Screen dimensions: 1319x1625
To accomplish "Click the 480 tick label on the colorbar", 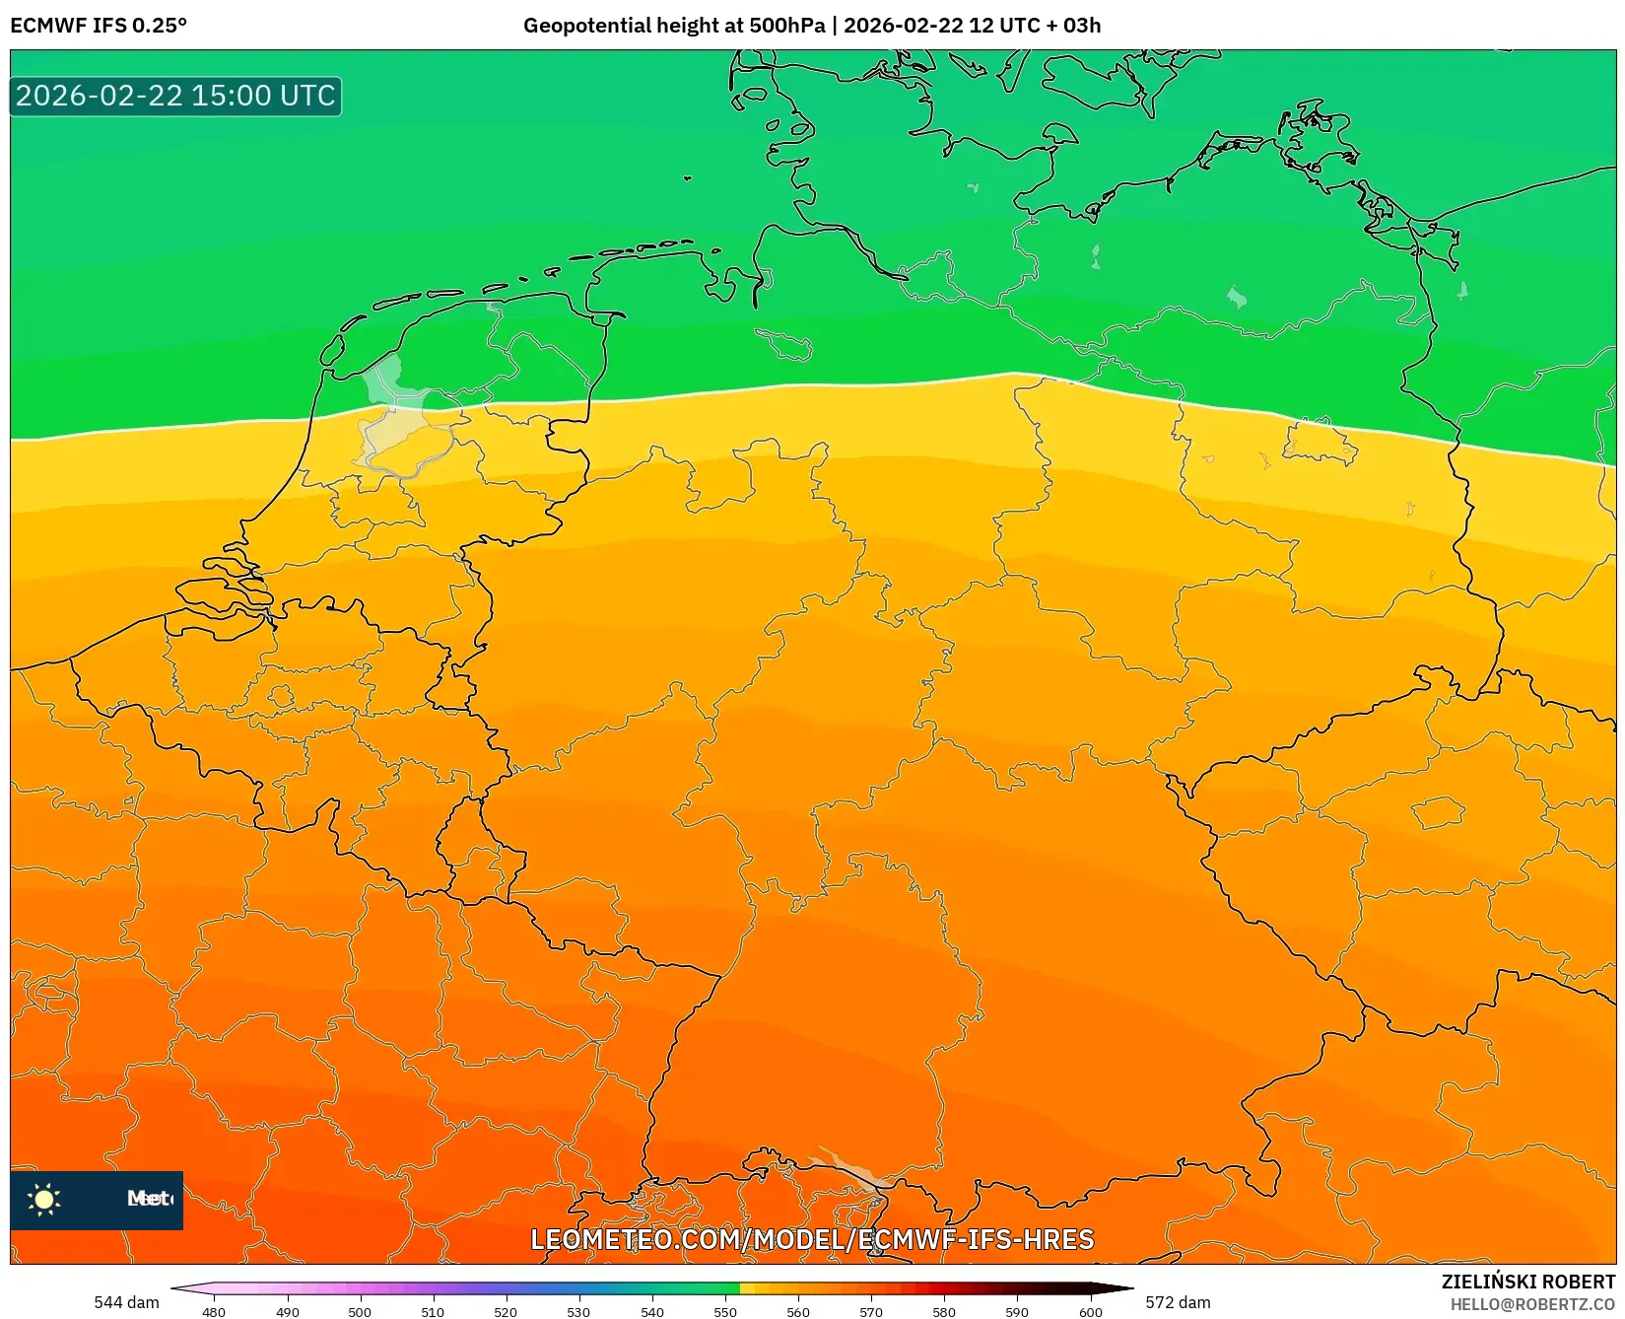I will click(x=214, y=1312).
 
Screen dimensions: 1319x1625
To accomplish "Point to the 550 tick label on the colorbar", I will click(x=725, y=1312).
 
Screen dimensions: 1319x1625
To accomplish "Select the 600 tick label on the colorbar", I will click(x=1091, y=1312).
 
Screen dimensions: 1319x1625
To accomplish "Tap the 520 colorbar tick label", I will click(x=506, y=1312).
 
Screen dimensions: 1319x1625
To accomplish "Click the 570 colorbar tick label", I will click(x=871, y=1312).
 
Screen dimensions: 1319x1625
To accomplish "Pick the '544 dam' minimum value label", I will click(x=126, y=1302).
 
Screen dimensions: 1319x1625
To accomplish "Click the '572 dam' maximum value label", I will click(x=1178, y=1302).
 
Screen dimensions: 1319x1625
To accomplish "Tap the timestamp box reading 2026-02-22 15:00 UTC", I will click(x=175, y=96).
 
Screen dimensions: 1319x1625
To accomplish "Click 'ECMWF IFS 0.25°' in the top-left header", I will click(x=99, y=26).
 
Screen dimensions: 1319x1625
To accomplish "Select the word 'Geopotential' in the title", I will click(x=583, y=26).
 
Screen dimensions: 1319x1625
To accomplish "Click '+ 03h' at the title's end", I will click(x=1073, y=26).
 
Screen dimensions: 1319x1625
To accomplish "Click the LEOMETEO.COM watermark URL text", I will click(x=812, y=1239).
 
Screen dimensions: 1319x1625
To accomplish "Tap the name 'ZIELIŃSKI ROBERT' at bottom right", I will click(x=1528, y=1282).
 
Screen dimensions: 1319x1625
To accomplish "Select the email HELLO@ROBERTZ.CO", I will click(x=1532, y=1304).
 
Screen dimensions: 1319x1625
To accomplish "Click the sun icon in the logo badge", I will click(x=44, y=1199).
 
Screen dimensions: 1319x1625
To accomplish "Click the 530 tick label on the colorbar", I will click(x=578, y=1312).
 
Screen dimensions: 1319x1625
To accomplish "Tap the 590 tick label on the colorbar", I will click(x=1017, y=1312).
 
